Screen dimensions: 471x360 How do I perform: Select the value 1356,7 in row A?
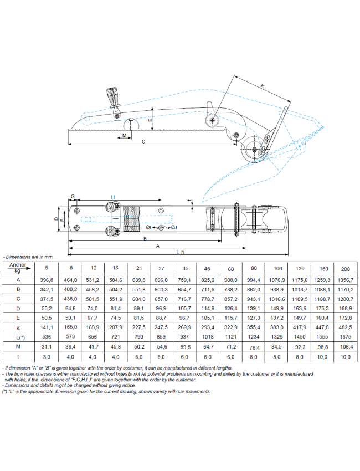[344, 280]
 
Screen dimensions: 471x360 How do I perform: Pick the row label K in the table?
[18, 327]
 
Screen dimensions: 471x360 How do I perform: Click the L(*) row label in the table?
[18, 337]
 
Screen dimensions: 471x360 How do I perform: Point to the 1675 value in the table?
[344, 337]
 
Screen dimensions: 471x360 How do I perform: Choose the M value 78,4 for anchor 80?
[254, 347]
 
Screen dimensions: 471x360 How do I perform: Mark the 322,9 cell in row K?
[230, 327]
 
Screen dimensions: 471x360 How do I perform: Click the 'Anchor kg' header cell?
[18, 268]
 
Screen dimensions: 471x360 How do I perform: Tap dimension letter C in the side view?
[143, 142]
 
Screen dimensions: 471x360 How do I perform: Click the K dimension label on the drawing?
[262, 86]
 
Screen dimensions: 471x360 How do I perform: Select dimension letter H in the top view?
[112, 197]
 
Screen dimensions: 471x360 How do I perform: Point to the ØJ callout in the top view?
[173, 227]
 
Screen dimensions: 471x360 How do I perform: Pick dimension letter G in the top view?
[72, 197]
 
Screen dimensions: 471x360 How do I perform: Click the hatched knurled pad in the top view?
[131, 219]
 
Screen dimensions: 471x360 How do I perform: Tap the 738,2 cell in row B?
[230, 289]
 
